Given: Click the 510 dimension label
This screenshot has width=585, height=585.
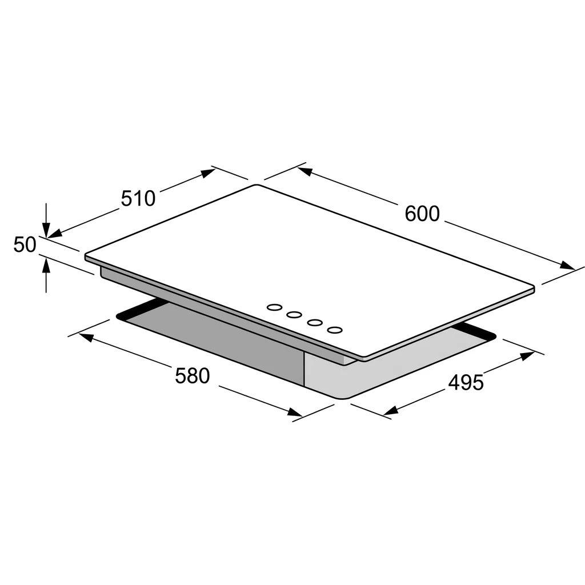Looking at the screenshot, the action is [138, 198].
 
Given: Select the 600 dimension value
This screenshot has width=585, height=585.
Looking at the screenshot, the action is [422, 214].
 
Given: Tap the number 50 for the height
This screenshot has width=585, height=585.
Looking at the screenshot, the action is [25, 245].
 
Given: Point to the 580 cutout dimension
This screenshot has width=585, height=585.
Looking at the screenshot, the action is [193, 376].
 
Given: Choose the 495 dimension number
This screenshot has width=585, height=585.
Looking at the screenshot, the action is [466, 383].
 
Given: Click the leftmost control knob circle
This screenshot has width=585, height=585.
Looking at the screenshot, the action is [275, 307].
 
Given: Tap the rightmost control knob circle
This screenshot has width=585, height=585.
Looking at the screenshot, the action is [335, 330].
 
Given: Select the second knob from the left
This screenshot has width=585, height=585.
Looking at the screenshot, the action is [294, 315].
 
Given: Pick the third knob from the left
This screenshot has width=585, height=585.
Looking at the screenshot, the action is [315, 322].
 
